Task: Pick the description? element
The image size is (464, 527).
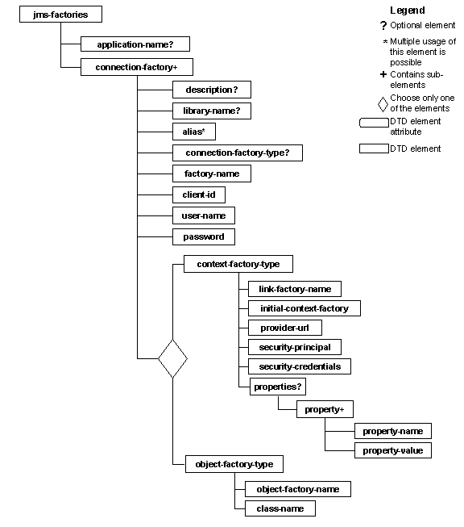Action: (211, 89)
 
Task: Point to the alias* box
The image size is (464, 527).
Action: (194, 131)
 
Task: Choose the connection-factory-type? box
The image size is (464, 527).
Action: (238, 152)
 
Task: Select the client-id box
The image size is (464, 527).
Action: (198, 194)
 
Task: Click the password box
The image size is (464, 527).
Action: (204, 236)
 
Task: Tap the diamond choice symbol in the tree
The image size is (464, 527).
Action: (172, 358)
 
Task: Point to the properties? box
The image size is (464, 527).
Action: (277, 387)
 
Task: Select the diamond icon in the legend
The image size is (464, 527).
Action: (383, 103)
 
